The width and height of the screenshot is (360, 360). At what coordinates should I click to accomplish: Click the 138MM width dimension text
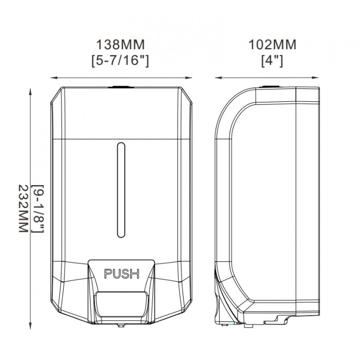(x=120, y=45)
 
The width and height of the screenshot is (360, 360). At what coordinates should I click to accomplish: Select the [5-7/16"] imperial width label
(x=120, y=60)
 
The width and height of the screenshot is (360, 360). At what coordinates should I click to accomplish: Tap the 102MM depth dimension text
(x=272, y=45)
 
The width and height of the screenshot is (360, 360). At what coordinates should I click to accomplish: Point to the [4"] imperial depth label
(x=272, y=61)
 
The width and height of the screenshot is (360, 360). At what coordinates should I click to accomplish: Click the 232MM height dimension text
(x=23, y=209)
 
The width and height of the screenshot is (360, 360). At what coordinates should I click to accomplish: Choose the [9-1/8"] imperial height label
(x=38, y=209)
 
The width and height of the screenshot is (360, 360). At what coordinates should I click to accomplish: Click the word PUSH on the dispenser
(x=122, y=274)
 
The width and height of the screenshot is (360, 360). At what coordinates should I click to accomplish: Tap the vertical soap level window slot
(x=121, y=190)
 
